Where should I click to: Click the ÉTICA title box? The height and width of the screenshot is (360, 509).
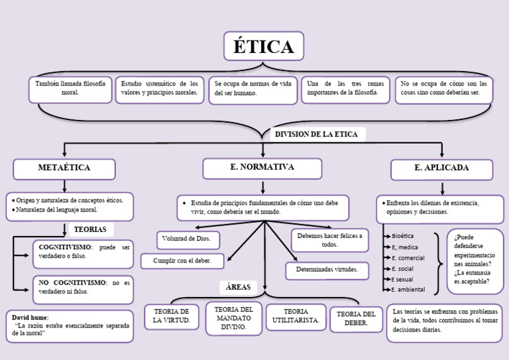263,46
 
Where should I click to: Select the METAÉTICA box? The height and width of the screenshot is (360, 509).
64,168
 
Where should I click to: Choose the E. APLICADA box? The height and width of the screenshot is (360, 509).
441,169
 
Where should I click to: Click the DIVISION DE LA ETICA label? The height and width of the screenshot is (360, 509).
316,135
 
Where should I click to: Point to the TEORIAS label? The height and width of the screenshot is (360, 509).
91,229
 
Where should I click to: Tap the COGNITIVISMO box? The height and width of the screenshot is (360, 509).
83,252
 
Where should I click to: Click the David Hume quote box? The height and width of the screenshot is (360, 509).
70,326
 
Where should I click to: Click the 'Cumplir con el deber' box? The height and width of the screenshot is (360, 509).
182,261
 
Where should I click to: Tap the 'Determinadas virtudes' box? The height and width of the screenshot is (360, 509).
327,270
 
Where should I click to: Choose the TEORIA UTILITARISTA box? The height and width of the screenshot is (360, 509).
296,316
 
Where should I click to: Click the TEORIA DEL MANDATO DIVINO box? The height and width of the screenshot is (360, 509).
233,318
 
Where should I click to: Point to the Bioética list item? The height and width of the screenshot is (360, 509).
403,236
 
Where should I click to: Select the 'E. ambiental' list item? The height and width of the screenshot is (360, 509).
408,290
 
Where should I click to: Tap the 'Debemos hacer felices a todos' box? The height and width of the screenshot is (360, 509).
330,240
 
